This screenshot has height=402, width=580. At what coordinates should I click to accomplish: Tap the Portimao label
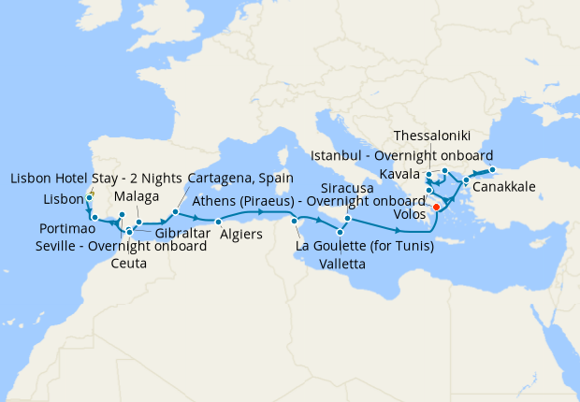tap(65, 229)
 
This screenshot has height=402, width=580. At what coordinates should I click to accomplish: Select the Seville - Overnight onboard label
tap(122, 246)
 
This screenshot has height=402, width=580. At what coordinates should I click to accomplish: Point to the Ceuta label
tap(128, 264)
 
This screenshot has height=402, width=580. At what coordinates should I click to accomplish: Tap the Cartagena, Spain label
tap(240, 178)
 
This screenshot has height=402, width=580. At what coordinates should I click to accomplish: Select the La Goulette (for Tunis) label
tap(364, 247)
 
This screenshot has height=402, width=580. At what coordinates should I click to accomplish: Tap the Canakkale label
tap(504, 187)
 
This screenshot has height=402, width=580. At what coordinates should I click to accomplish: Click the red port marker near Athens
tap(436, 207)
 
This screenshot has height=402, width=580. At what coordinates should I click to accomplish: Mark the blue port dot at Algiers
tap(218, 221)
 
